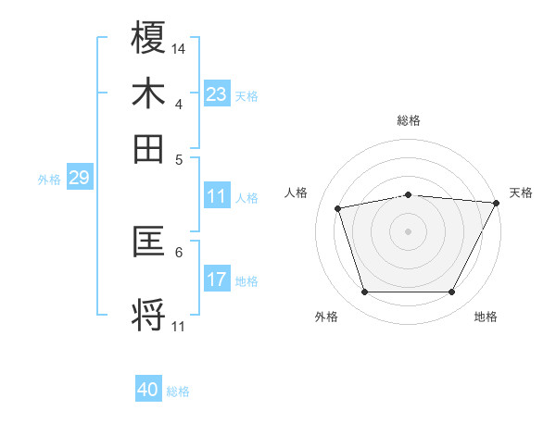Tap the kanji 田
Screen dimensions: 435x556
[148, 148]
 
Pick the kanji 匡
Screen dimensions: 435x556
[148, 242]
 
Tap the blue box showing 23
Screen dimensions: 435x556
[217, 93]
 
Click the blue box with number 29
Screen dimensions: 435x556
[79, 178]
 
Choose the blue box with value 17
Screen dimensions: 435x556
[217, 280]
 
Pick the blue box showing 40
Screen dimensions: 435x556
[148, 391]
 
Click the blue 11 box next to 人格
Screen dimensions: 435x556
[217, 196]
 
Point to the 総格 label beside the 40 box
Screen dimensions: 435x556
[178, 391]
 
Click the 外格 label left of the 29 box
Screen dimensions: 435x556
[48, 180]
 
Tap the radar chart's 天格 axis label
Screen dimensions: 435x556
[521, 193]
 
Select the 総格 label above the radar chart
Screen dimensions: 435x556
[408, 120]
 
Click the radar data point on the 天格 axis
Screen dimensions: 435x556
[496, 203]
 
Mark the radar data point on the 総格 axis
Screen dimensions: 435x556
[408, 194]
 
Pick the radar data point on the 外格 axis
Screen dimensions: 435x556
[364, 292]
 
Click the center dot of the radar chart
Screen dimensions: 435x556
[408, 231]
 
